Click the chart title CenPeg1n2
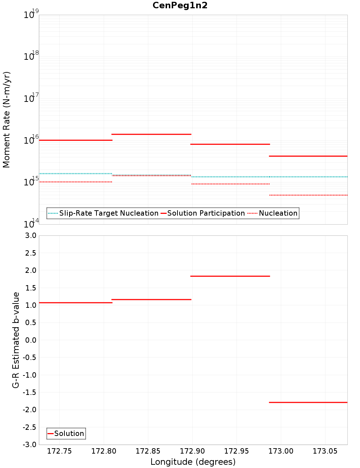(x=180, y=5)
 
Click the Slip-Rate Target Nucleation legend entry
(x=108, y=213)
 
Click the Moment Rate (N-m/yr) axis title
(x=6, y=120)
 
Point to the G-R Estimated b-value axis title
(x=16, y=340)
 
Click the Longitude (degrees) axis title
(x=193, y=462)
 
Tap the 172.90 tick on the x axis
(x=192, y=451)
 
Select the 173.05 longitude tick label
(x=325, y=451)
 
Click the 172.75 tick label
(x=59, y=451)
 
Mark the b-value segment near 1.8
(x=230, y=276)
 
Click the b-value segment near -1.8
(x=308, y=402)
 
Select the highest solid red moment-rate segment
(x=151, y=134)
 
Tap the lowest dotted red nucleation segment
(x=308, y=195)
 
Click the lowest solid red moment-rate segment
(x=308, y=156)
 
